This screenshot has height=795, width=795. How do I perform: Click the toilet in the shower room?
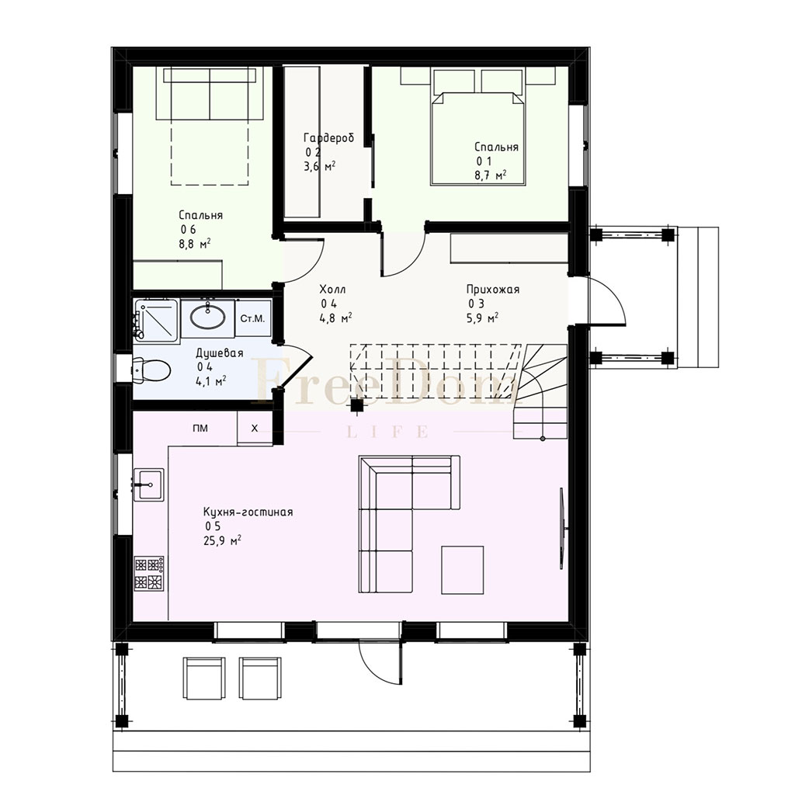pyautogui.click(x=151, y=370)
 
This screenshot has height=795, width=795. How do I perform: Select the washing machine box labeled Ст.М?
pyautogui.click(x=252, y=318)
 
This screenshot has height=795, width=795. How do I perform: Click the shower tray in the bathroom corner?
pyautogui.click(x=155, y=320)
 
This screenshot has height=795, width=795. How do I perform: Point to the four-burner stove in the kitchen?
pyautogui.click(x=149, y=573)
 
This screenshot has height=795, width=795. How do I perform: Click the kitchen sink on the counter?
pyautogui.click(x=148, y=484)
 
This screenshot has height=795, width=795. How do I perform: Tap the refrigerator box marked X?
pyautogui.click(x=255, y=429)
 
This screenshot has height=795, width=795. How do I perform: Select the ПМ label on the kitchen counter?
pyautogui.click(x=200, y=429)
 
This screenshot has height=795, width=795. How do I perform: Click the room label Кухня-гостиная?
pyautogui.click(x=248, y=512)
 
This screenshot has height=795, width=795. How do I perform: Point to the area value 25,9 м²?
pyautogui.click(x=222, y=540)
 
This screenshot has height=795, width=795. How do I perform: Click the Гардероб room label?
pyautogui.click(x=328, y=138)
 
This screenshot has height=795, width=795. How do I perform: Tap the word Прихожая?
pyautogui.click(x=493, y=290)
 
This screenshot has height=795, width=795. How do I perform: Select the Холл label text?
pyautogui.click(x=332, y=290)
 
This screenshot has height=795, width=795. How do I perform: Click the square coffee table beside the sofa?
pyautogui.click(x=463, y=570)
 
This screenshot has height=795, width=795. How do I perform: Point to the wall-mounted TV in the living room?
pyautogui.click(x=562, y=528)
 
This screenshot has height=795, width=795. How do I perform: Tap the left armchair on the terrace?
pyautogui.click(x=204, y=679)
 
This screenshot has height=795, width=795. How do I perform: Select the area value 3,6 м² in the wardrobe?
pyautogui.click(x=319, y=166)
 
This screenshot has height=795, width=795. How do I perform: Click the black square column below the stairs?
pyautogui.click(x=357, y=404)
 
